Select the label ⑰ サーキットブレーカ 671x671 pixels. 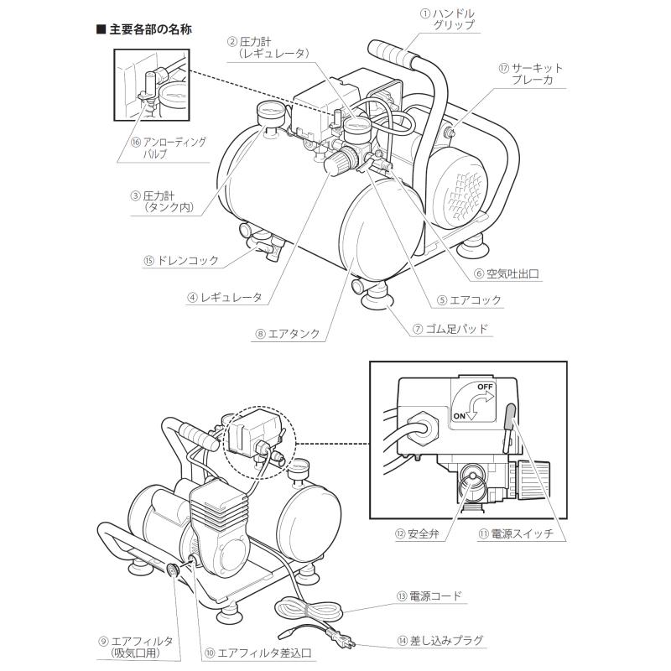(x=531, y=74)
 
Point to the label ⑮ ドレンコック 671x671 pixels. (x=180, y=261)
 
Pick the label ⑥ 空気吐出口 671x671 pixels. (x=506, y=273)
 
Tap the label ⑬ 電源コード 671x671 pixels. (x=435, y=596)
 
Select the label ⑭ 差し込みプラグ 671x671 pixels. (x=445, y=640)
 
